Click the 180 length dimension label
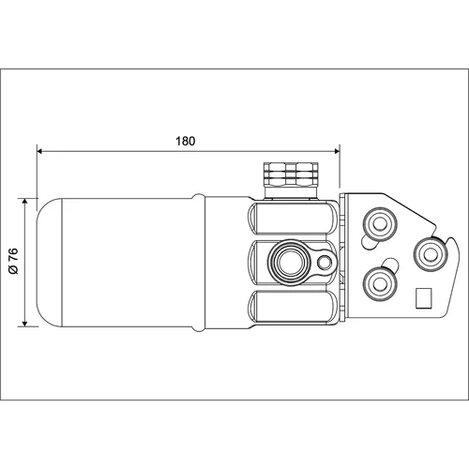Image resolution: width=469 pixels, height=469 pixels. [x=186, y=141]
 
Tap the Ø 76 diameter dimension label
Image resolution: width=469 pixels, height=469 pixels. [x=14, y=261]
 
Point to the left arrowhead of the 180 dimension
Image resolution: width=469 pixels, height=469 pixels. [x=39, y=151]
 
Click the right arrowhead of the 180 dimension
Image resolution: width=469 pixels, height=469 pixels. [x=337, y=151]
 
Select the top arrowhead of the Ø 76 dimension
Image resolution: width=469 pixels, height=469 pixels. [x=25, y=201]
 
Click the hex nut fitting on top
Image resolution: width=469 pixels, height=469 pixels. [x=291, y=174]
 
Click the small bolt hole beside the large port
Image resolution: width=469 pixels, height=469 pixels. [x=325, y=262]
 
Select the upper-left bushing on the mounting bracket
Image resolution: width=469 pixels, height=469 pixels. [x=380, y=223]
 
